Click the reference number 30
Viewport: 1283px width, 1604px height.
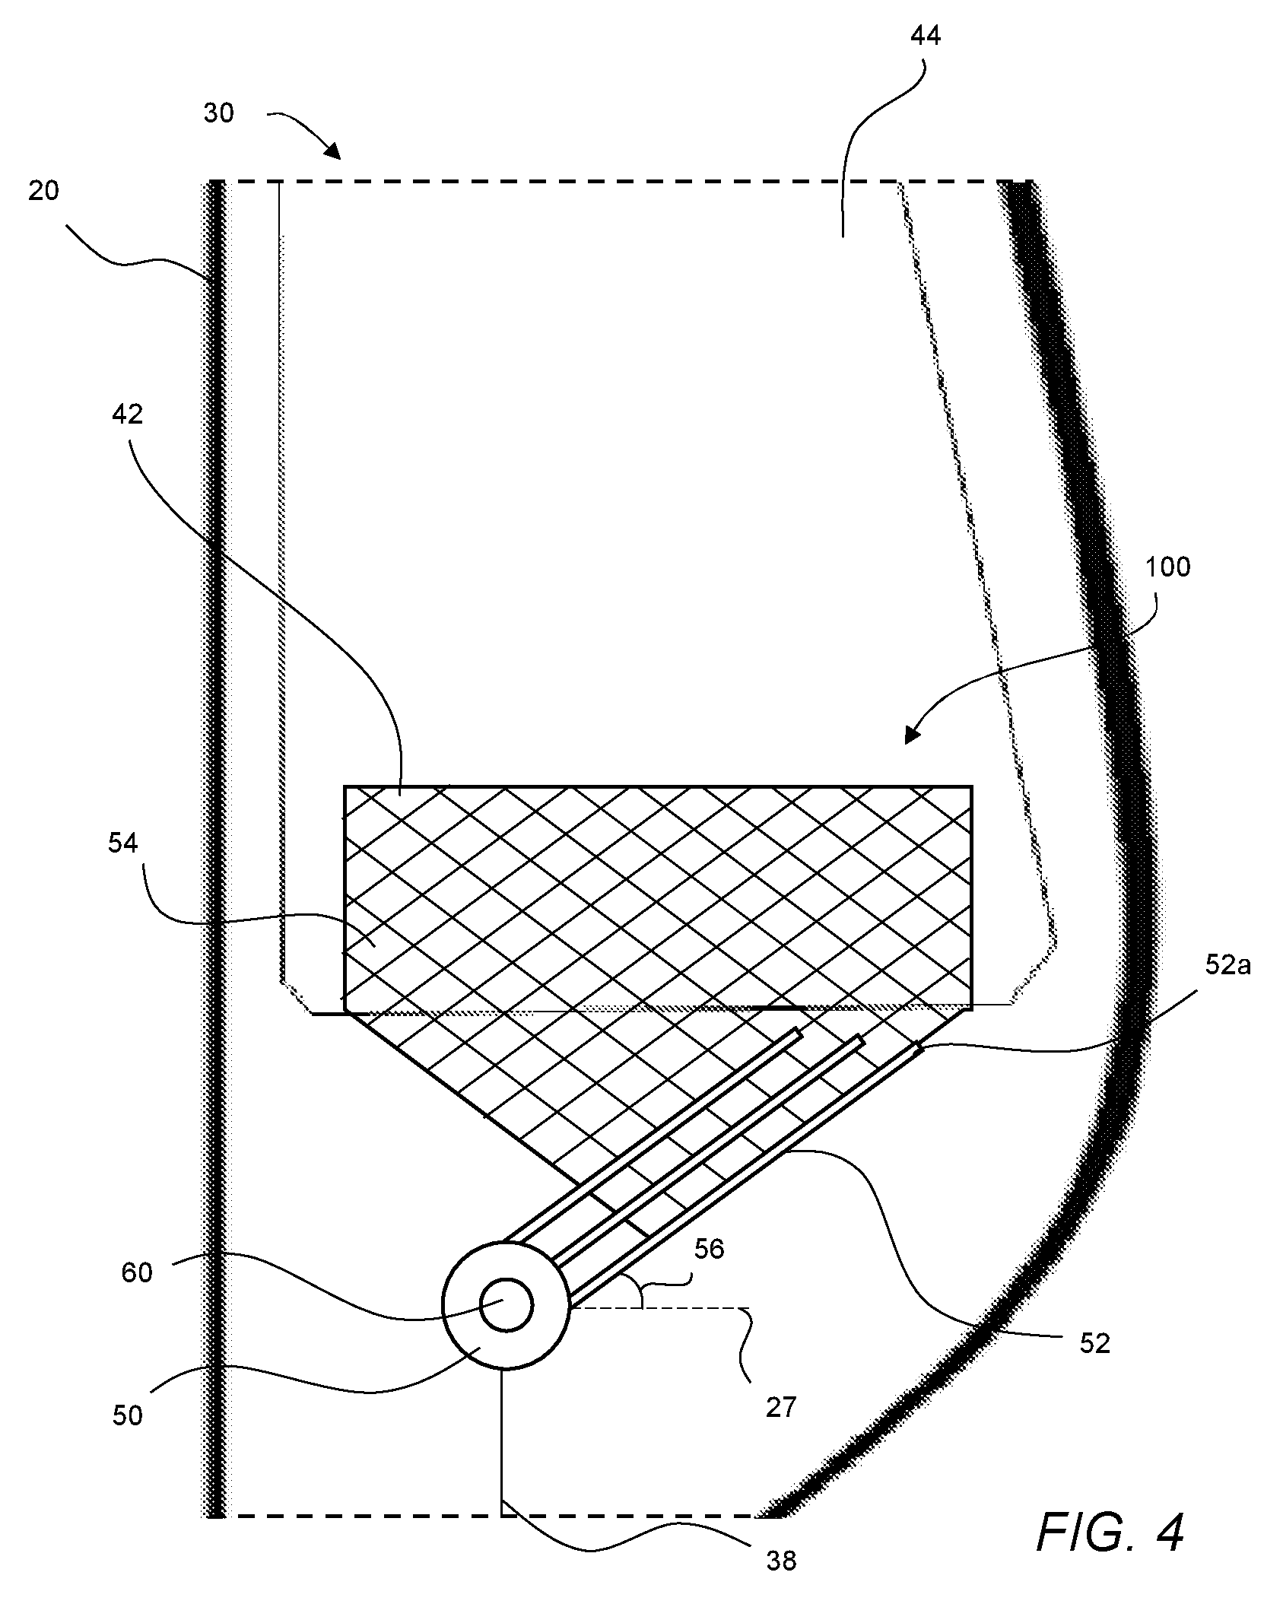click(219, 114)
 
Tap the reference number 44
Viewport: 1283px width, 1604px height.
click(925, 36)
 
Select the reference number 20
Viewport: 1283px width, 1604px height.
click(43, 191)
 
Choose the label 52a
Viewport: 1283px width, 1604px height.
click(1228, 967)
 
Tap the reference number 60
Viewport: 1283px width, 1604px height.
click(137, 1272)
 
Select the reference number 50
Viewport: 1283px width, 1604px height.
click(128, 1416)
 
